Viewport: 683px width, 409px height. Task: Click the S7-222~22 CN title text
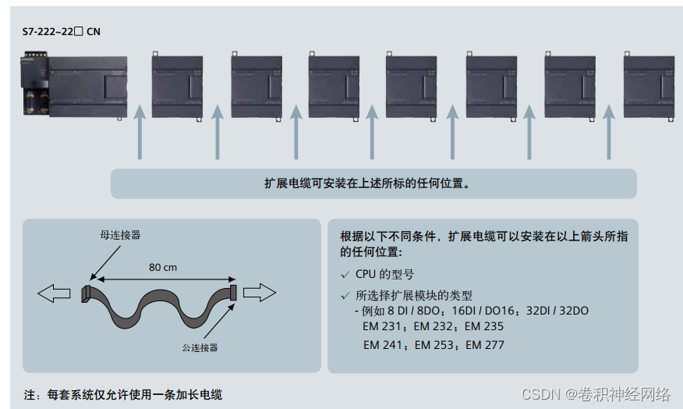[62, 32]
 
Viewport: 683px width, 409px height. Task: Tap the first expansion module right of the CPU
[177, 85]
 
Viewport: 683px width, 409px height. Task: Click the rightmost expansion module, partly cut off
[649, 85]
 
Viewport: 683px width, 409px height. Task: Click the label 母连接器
[120, 234]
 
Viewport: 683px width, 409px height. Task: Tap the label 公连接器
[200, 347]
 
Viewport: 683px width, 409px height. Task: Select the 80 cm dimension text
[162, 267]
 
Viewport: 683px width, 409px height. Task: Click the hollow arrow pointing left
[52, 293]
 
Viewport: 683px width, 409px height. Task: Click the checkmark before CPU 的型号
[345, 275]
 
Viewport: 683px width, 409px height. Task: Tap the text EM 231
[384, 327]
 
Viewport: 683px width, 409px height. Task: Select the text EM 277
[485, 344]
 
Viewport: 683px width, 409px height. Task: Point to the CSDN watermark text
[596, 393]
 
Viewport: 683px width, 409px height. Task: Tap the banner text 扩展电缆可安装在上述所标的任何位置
[372, 184]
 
